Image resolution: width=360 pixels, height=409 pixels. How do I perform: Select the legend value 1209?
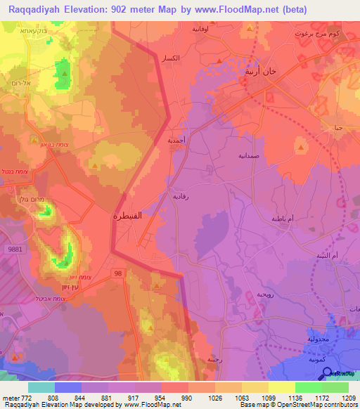(348, 397)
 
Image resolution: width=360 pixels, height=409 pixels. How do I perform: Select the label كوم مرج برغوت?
(325, 35)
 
